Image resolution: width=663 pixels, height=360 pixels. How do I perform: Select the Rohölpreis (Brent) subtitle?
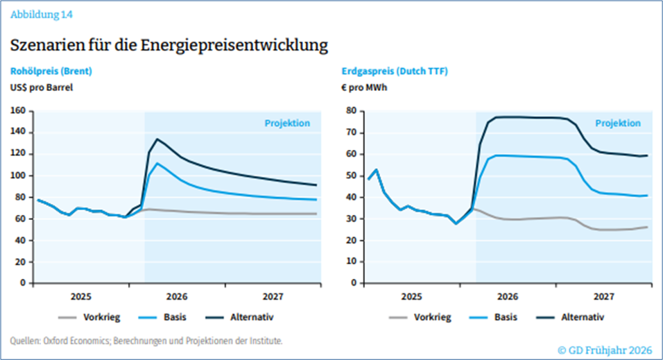point(51,71)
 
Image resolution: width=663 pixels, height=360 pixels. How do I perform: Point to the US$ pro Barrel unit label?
point(41,87)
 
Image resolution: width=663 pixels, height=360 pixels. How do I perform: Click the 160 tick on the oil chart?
point(19,111)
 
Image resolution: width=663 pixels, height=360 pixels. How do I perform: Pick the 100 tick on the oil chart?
point(19,175)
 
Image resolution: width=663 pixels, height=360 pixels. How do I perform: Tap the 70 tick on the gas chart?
point(352,132)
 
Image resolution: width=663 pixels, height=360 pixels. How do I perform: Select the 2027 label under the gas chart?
point(603,296)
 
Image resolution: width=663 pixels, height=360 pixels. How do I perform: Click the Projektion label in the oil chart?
point(287,123)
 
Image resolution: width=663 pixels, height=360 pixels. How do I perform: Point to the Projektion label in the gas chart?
point(618,123)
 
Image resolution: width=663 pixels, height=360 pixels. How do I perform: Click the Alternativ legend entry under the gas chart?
point(580,318)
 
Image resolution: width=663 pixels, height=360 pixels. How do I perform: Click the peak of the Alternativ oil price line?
point(157,139)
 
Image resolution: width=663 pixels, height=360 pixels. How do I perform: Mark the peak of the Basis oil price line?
point(157,164)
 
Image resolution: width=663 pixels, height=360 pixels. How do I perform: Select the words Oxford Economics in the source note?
point(68,341)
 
